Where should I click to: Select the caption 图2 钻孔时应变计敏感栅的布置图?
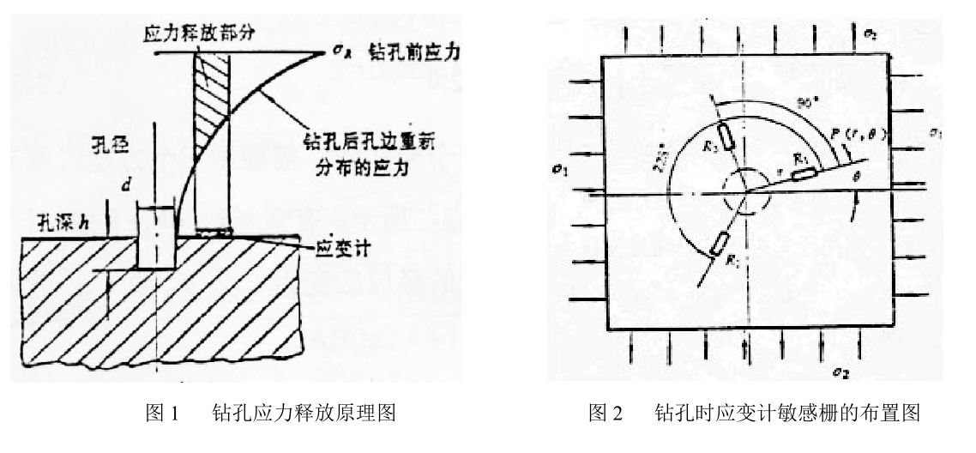click(752, 413)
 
